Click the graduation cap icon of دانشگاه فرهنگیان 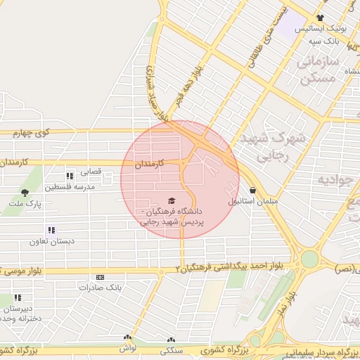coord(172,200)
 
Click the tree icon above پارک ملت coord(25,192)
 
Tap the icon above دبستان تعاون coord(51,230)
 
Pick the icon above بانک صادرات coord(99,277)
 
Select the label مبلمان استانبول coord(232,201)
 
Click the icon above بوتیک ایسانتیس coord(320,18)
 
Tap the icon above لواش coord(127,338)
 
